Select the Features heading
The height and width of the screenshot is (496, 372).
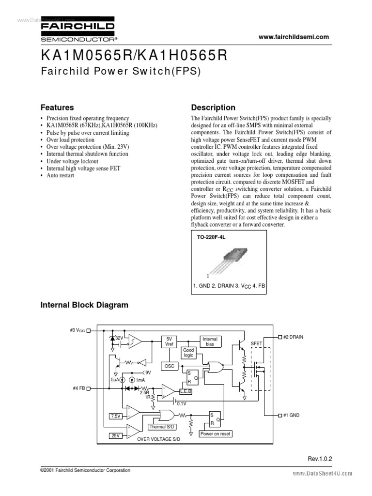point(57,108)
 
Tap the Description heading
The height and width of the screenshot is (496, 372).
point(213,108)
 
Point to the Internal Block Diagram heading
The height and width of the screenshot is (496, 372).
point(84,305)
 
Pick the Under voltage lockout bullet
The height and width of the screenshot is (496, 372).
point(72,161)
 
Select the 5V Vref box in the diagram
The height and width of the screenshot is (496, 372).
point(169,341)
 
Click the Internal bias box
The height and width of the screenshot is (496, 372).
point(210,341)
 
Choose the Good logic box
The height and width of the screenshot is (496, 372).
point(188,353)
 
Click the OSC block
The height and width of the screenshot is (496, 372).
point(169,367)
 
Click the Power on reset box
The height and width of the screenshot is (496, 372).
point(215,434)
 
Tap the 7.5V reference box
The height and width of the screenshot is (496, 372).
point(115,416)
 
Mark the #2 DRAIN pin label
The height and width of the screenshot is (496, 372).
point(293,337)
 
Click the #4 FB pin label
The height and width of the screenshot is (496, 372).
point(78,388)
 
